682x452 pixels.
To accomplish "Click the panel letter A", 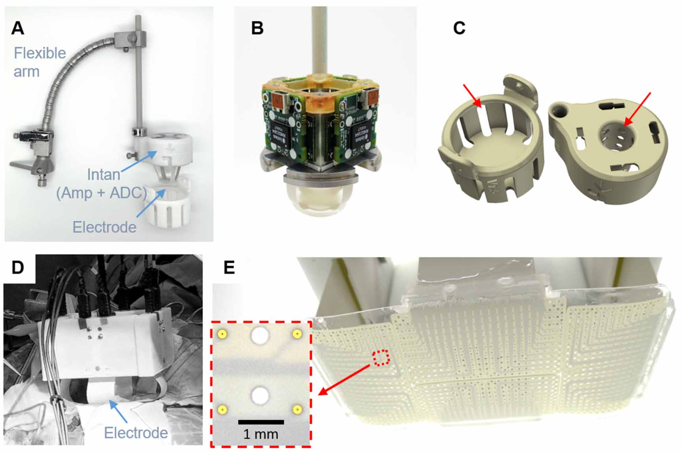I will [18, 28].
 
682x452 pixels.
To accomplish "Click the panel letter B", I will [257, 28].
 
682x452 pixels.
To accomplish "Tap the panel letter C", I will [459, 28].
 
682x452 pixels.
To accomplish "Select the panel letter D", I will [18, 268].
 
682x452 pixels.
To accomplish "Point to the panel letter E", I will [229, 268].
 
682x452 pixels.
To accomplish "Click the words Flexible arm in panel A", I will [39, 62].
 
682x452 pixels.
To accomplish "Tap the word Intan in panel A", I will [104, 174].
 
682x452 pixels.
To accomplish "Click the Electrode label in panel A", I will [104, 227].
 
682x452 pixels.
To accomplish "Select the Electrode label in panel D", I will [136, 433].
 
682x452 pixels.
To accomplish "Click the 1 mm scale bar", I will [261, 422].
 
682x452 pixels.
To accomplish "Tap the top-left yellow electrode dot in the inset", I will [223, 335].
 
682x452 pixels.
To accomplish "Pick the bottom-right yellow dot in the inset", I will [297, 409].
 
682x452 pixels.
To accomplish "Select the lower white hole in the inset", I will [260, 396].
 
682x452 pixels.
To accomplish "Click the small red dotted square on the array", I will [382, 358].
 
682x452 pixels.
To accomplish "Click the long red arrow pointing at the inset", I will [344, 380].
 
